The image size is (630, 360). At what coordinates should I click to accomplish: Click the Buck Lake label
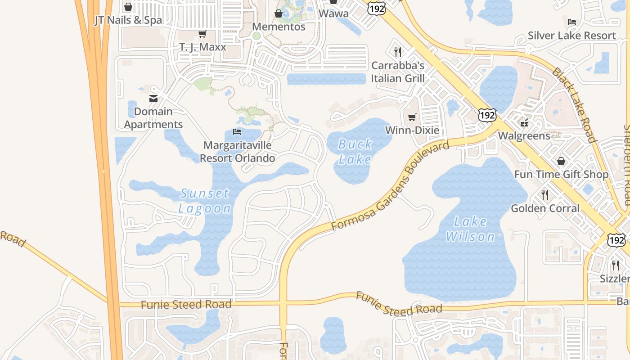pyautogui.click(x=355, y=152)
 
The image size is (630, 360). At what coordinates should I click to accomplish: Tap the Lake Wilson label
pyautogui.click(x=470, y=229)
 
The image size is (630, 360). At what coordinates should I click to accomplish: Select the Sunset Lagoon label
pyautogui.click(x=205, y=201)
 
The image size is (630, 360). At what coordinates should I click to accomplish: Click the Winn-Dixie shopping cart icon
pyautogui.click(x=412, y=117)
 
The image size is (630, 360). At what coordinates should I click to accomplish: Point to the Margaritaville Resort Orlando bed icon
pyautogui.click(x=237, y=132)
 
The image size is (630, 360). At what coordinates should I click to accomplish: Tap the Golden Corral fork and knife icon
pyautogui.click(x=545, y=194)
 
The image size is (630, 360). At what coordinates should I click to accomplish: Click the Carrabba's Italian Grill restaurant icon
pyautogui.click(x=397, y=52)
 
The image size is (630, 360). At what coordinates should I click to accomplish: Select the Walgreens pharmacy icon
pyautogui.click(x=524, y=122)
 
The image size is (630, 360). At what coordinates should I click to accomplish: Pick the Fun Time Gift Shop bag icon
pyautogui.click(x=561, y=161)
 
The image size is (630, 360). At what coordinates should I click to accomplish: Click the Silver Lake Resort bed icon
pyautogui.click(x=571, y=22)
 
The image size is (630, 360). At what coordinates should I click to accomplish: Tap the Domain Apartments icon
pyautogui.click(x=153, y=99)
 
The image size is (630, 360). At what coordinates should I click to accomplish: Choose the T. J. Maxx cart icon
pyautogui.click(x=202, y=34)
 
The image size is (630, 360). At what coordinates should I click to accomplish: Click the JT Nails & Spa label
pyautogui.click(x=128, y=20)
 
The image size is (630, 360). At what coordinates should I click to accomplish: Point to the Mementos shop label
pyautogui.click(x=279, y=27)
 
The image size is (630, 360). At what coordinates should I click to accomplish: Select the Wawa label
pyautogui.click(x=333, y=13)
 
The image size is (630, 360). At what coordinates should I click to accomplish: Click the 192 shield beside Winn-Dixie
pyautogui.click(x=487, y=115)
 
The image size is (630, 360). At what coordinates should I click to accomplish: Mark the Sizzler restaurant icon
pyautogui.click(x=615, y=265)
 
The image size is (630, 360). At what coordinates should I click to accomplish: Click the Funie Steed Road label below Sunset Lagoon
pyautogui.click(x=186, y=305)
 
